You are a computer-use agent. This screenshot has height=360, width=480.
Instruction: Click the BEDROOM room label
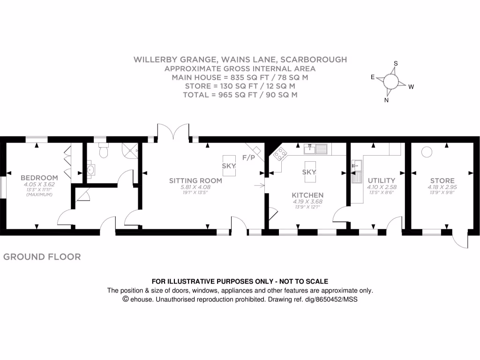pos(39,178)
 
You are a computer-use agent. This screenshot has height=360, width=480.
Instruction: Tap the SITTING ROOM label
pos(189,180)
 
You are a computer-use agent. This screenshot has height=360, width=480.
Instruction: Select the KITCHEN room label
pos(307,195)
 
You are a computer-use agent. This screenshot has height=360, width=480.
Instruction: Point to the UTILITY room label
pos(381,180)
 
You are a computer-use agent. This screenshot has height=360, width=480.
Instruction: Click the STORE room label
pos(442,180)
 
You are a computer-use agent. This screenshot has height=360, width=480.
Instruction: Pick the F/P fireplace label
pos(248,157)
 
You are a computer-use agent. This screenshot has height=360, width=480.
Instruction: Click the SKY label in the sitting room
pos(229,166)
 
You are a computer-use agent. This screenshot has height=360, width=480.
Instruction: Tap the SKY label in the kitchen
pos(309,172)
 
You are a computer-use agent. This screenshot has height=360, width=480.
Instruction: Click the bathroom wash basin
pos(90,170)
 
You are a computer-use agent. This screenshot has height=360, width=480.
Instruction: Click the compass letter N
pos(386,100)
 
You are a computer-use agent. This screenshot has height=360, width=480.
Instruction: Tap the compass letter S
pos(396,64)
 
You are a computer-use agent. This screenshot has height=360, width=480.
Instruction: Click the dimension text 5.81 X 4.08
pos(189,187)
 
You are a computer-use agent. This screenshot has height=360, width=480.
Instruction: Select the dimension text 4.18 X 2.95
pos(442,187)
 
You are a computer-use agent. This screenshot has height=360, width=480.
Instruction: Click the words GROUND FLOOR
pos(42,257)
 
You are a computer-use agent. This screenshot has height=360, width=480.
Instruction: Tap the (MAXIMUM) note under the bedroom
pos(39,194)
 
